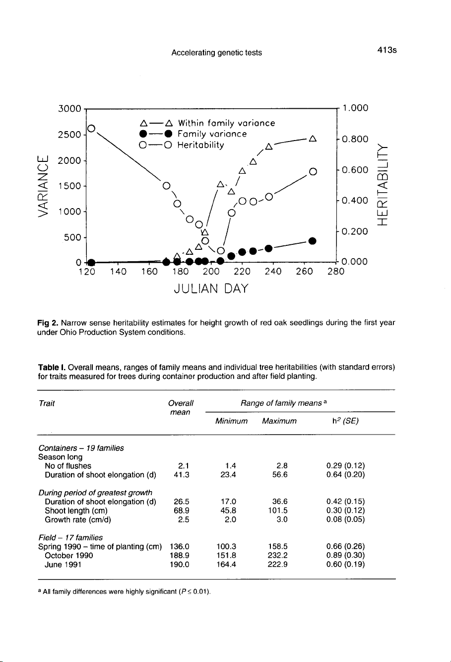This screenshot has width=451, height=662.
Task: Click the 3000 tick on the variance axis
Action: (x=69, y=108)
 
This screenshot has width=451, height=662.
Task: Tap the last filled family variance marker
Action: (x=312, y=241)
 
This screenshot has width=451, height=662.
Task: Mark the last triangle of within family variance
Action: (x=312, y=138)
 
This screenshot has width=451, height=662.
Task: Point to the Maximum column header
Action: (x=279, y=421)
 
